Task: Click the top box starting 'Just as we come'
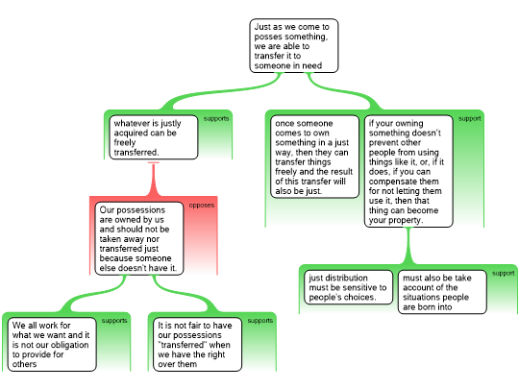(x=294, y=46)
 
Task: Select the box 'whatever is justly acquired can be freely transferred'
(x=154, y=137)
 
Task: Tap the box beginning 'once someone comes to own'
(x=315, y=157)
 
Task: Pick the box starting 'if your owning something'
(x=408, y=171)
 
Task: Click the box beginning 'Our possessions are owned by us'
(x=139, y=238)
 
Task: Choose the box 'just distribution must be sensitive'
(x=349, y=287)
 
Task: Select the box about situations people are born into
(x=442, y=292)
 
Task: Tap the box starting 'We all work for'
(x=52, y=345)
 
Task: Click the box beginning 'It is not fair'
(x=198, y=345)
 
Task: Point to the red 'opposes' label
(x=202, y=206)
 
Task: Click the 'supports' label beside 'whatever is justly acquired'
(x=216, y=118)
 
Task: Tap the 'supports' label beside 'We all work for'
(x=114, y=321)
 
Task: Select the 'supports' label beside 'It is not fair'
(x=260, y=321)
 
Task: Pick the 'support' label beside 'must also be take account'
(x=503, y=273)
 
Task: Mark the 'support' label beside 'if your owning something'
(x=469, y=118)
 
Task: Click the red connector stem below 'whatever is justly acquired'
(x=153, y=180)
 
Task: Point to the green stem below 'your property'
(x=408, y=246)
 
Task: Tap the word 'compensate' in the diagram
(x=388, y=182)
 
